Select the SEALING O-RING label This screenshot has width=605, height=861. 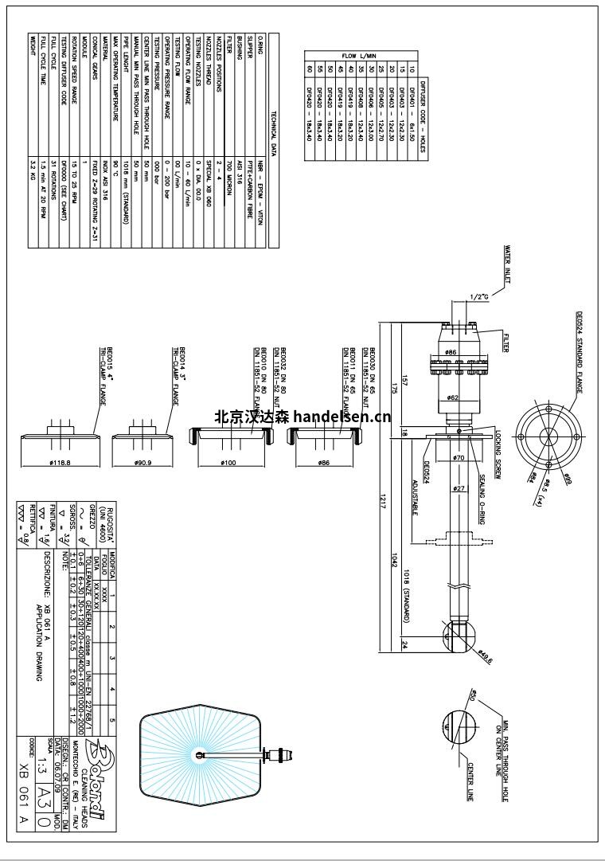tap(482, 494)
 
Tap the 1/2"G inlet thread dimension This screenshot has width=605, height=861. tap(478, 297)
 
